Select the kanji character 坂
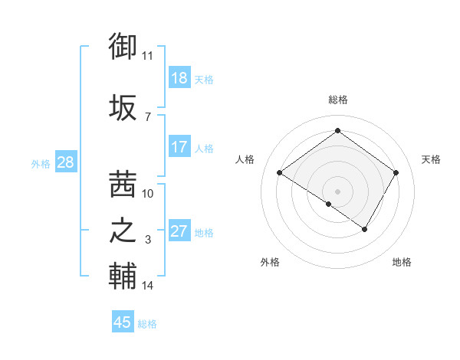coord(123,107)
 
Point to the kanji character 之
coord(123,231)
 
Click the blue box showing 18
coord(179,78)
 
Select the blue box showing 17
coord(179,147)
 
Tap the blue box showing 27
coord(179,231)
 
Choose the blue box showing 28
coord(65,162)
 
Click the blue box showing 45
coord(123,322)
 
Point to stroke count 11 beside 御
coord(147,56)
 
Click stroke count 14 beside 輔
coord(148,286)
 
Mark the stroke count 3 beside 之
coord(148,241)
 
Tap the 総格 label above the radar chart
coord(337,100)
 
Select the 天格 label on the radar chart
coord(431,159)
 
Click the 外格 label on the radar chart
coord(270,262)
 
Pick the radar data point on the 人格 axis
coord(280,173)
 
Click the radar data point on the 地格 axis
coord(365,229)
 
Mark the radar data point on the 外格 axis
coord(329,204)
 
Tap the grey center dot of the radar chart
coord(337,190)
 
